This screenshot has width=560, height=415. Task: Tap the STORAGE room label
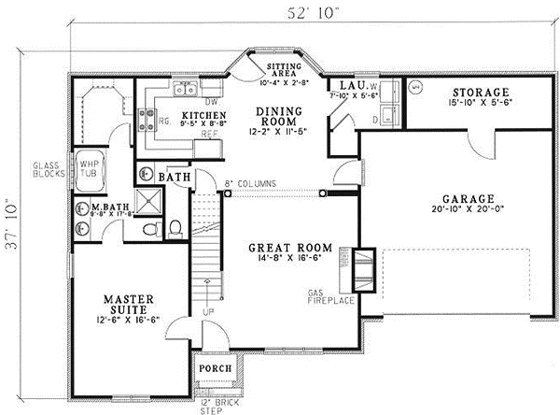tap(481, 93)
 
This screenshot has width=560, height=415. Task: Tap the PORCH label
tap(213, 368)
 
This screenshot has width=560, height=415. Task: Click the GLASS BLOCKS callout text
tap(45, 166)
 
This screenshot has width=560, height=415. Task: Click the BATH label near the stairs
tap(175, 176)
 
